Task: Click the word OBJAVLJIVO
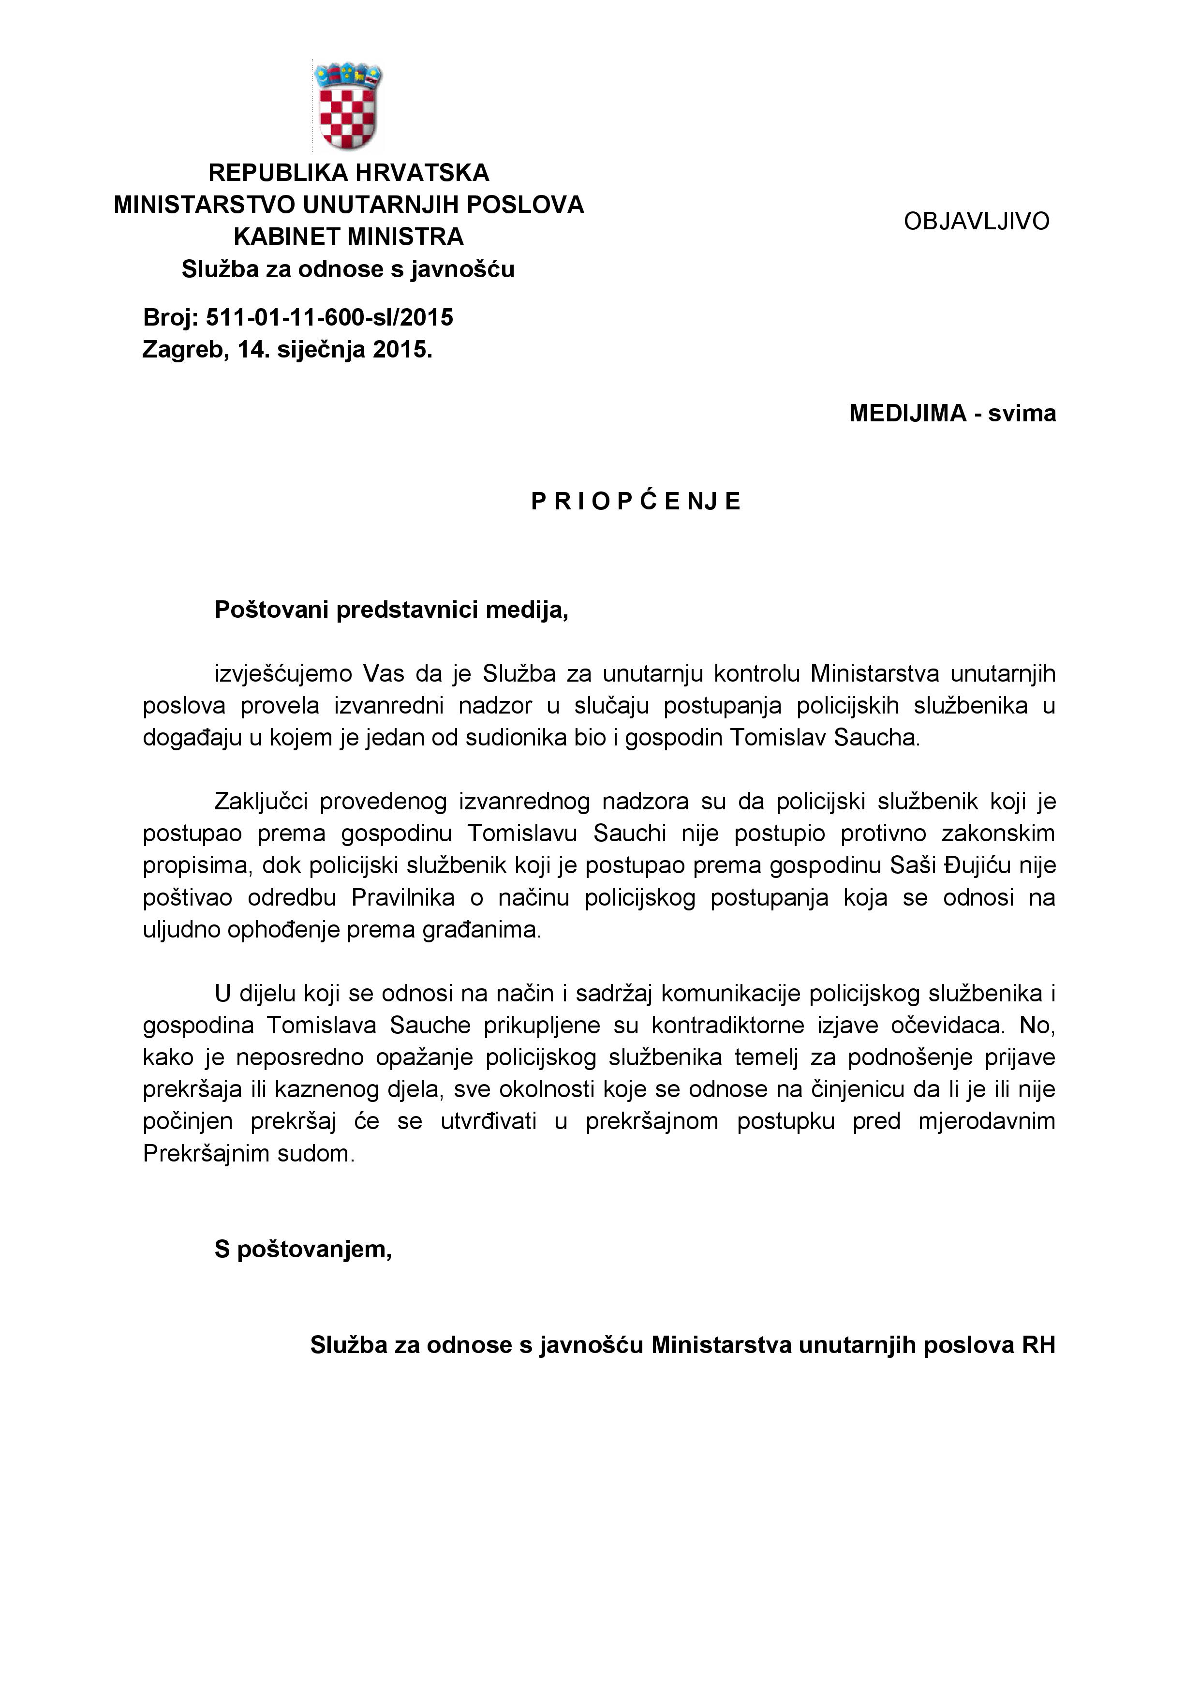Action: pos(976,221)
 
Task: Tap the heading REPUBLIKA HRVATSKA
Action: pos(348,173)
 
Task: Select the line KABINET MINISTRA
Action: pos(348,237)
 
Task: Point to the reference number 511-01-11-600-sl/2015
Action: pos(329,318)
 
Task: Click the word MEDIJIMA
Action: pos(907,413)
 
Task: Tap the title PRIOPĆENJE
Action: pos(636,502)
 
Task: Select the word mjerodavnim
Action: pos(986,1121)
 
